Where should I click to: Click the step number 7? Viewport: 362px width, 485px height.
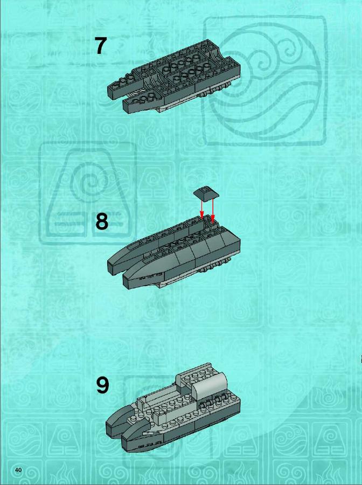pyautogui.click(x=101, y=46)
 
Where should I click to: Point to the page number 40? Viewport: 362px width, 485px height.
pyautogui.click(x=18, y=470)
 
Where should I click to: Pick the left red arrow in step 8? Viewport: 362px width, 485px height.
pyautogui.click(x=201, y=208)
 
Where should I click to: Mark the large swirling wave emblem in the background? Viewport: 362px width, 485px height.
pyautogui.click(x=264, y=80)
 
